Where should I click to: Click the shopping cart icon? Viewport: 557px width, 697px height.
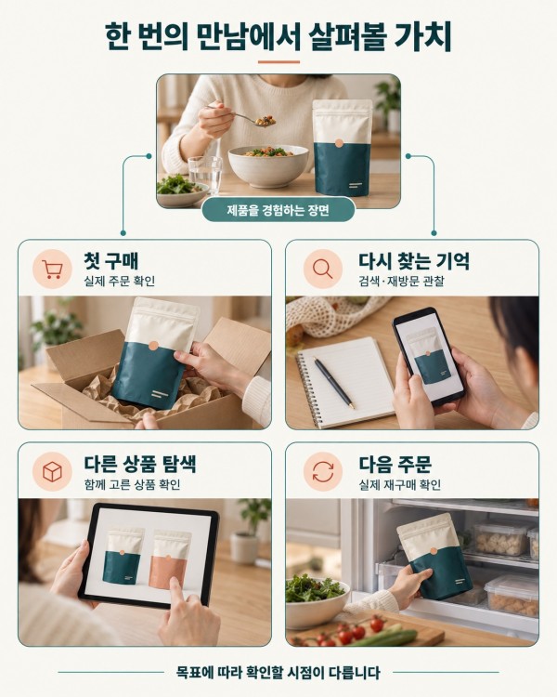coord(52,270)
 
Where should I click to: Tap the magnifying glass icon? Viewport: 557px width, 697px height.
coord(322,269)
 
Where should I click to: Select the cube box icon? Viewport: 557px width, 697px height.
coord(52,471)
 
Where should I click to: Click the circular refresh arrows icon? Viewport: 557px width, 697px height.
coord(323,471)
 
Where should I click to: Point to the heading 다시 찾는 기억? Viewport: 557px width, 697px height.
coord(413,260)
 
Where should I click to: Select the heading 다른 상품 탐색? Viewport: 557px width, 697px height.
coord(140,464)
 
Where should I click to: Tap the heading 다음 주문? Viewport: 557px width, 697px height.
coord(395,464)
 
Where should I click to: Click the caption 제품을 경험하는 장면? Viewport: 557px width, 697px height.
coord(278,209)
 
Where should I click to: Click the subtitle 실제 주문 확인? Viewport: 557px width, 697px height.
coord(120,281)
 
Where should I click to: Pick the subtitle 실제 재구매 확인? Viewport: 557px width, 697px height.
coord(400,484)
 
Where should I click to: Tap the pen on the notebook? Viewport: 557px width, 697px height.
coord(334,382)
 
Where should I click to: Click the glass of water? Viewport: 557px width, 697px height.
coord(205,175)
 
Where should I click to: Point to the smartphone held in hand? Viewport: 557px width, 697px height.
coord(428,356)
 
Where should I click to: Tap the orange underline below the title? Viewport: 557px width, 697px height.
coord(278,61)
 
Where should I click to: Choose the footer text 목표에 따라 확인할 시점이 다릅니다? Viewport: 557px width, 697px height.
coord(278,672)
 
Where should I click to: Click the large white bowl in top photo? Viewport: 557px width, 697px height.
coord(268,165)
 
